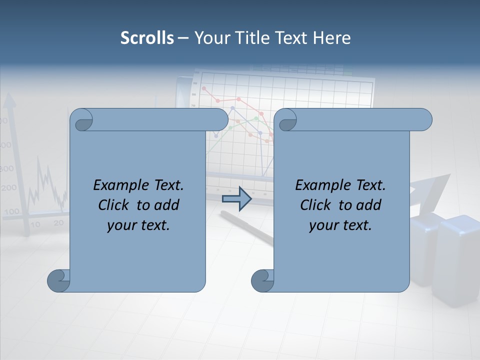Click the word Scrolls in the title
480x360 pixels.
tap(147, 38)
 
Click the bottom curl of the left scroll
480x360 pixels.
tap(58, 280)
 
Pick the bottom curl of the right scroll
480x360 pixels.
tap(262, 280)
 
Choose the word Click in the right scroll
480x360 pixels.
tap(315, 205)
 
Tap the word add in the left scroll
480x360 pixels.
tap(167, 205)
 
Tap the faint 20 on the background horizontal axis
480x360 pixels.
tap(58, 222)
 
